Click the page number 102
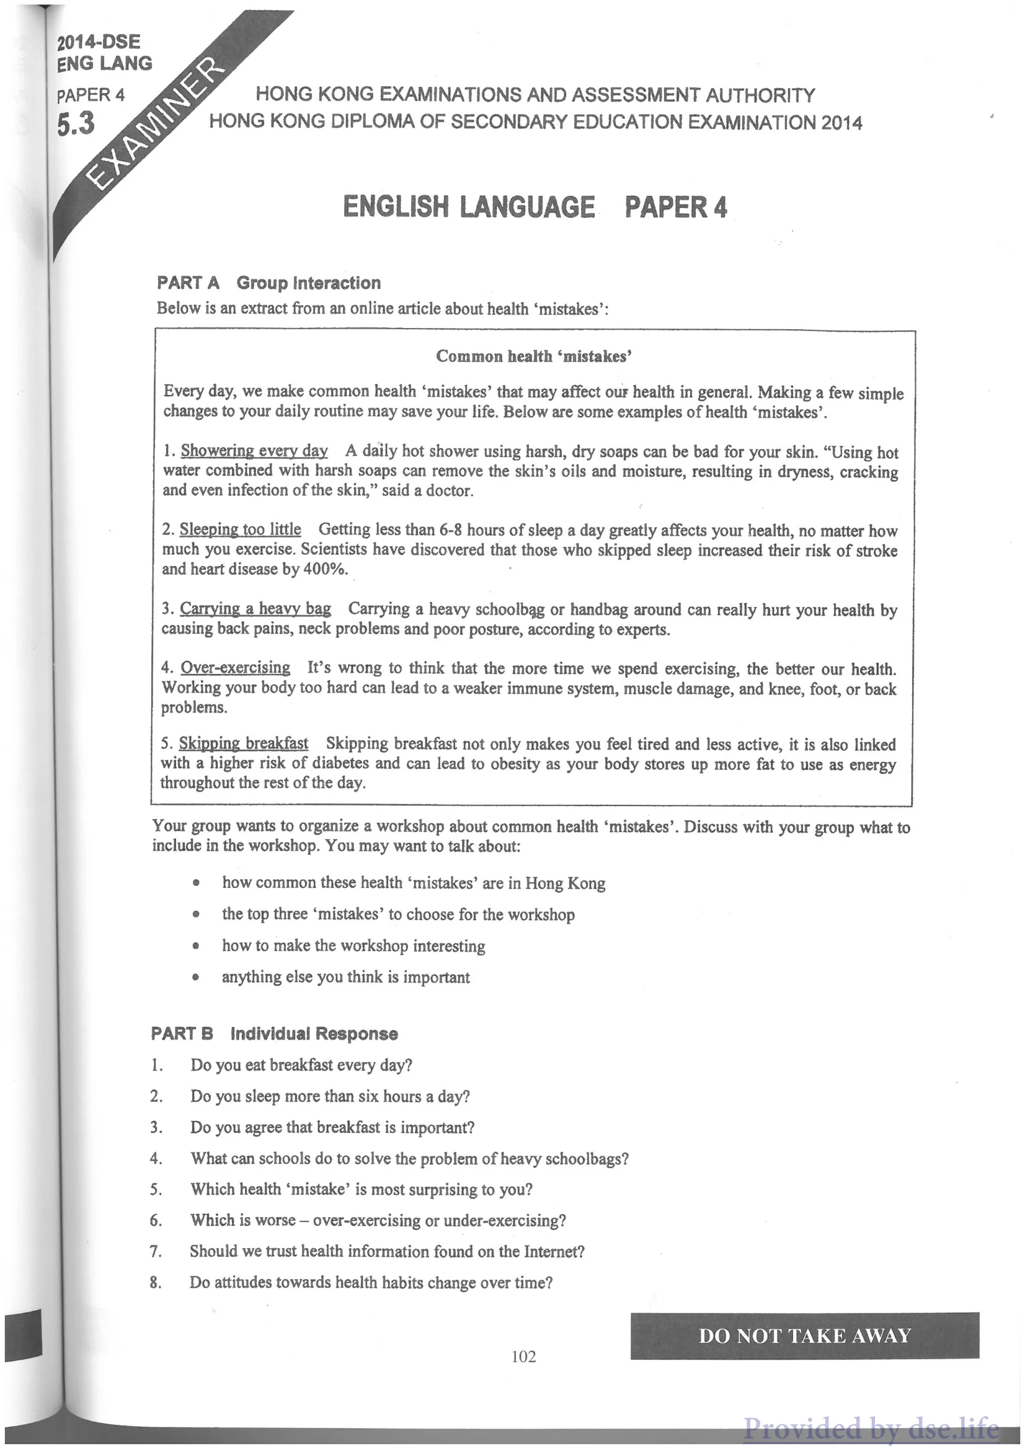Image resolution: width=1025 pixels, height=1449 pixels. click(524, 1355)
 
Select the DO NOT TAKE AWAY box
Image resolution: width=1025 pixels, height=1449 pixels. click(805, 1336)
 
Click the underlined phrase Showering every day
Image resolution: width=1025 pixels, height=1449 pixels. click(254, 451)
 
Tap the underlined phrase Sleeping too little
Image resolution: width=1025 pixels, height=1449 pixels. click(240, 529)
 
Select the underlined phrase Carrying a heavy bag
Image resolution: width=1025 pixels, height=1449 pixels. click(255, 608)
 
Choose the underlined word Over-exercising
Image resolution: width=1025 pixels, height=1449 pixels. click(235, 667)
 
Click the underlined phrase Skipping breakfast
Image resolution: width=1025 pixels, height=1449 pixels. click(243, 743)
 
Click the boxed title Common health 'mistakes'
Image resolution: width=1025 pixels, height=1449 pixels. click(533, 357)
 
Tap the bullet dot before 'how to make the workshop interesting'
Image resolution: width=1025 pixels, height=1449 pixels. click(197, 947)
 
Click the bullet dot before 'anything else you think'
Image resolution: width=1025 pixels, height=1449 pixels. click(197, 978)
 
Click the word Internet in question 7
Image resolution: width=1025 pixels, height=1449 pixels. click(550, 1251)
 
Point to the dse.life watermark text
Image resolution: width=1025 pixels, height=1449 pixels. click(871, 1427)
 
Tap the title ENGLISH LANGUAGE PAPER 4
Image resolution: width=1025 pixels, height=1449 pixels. click(535, 207)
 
